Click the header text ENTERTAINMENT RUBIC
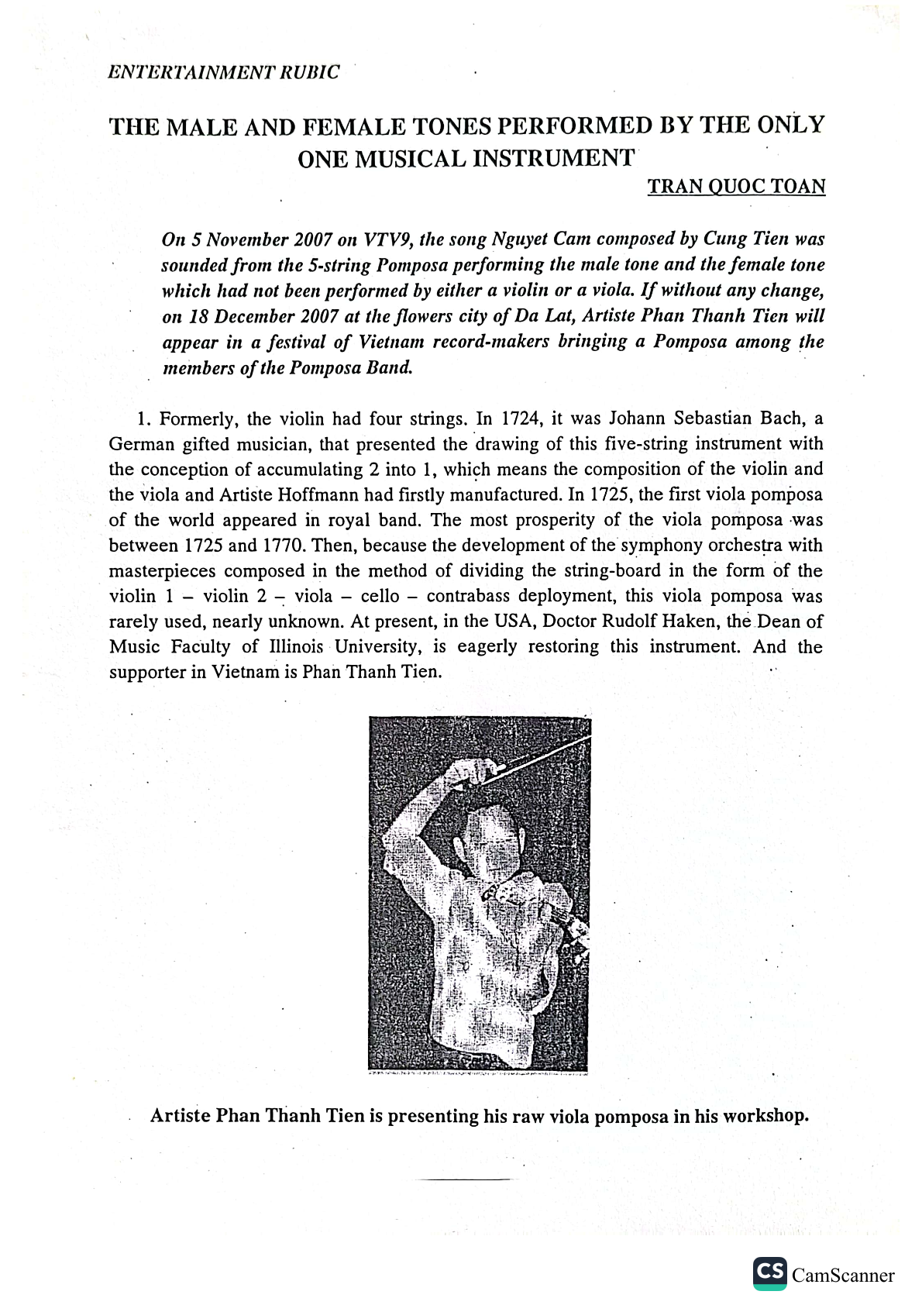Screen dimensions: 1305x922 click(225, 72)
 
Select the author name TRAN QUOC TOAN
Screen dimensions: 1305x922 click(736, 187)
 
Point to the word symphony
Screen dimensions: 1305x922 click(657, 546)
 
